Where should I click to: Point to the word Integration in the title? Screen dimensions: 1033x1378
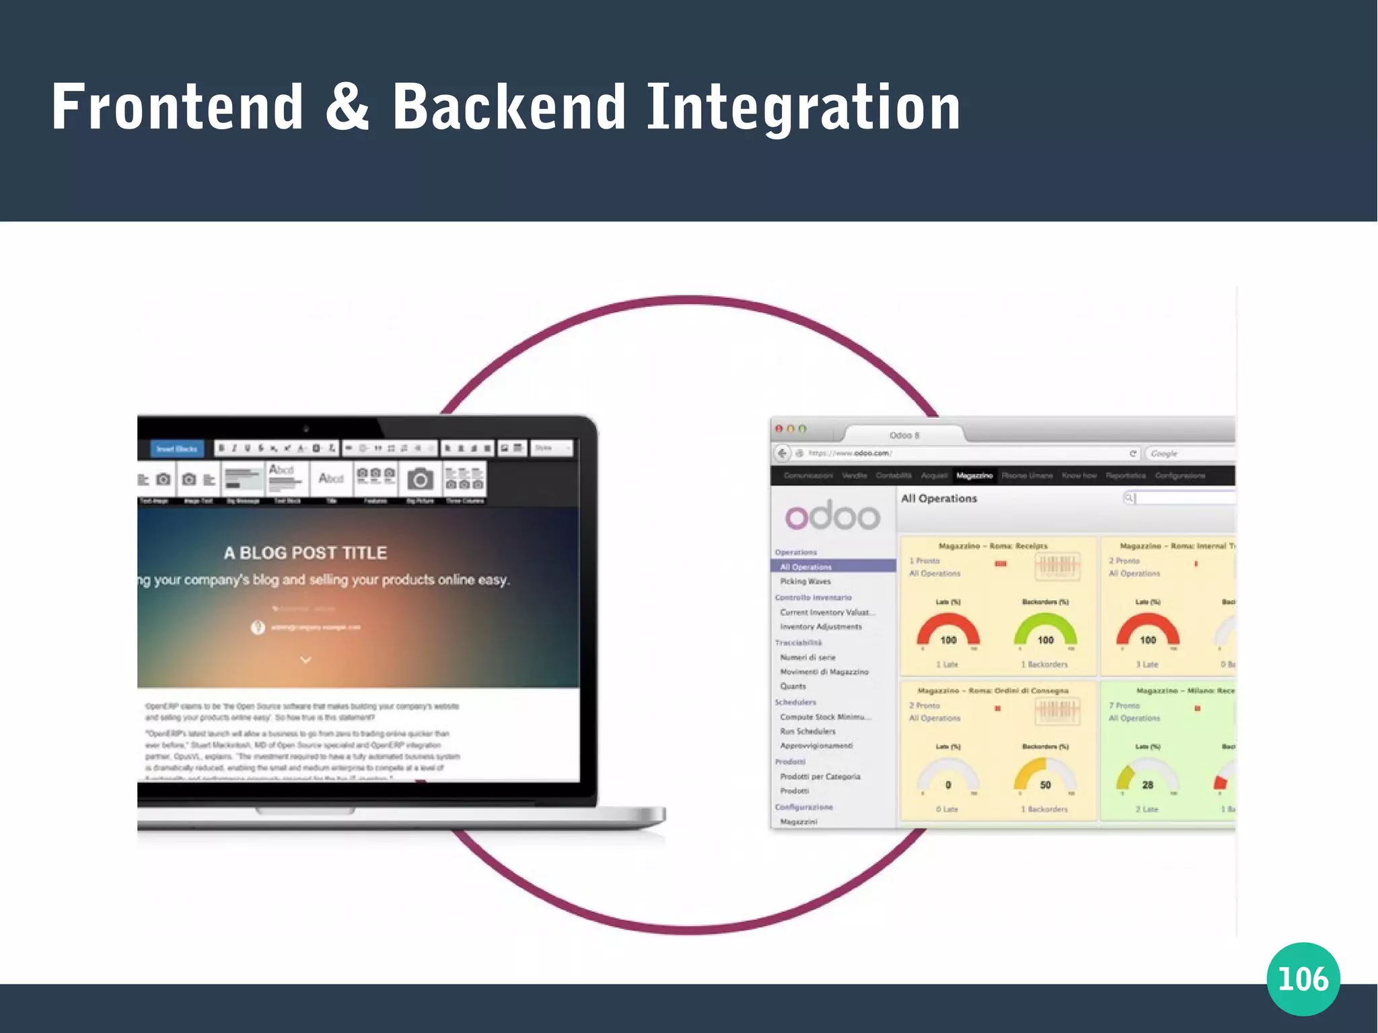tap(803, 108)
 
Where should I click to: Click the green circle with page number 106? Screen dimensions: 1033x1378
tap(1303, 978)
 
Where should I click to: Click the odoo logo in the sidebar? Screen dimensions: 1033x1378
tap(832, 516)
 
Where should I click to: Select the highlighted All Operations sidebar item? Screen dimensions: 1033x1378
tap(805, 567)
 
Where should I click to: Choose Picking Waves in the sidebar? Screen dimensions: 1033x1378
tap(805, 581)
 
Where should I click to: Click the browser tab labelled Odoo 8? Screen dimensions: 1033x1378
tap(904, 435)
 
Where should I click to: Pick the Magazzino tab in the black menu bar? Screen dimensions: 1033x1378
tap(974, 476)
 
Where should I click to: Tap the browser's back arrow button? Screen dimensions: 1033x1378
tap(782, 454)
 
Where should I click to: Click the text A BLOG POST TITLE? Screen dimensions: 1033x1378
tap(305, 553)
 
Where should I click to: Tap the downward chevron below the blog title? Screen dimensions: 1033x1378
tap(305, 660)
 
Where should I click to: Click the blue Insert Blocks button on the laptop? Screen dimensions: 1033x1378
tap(177, 449)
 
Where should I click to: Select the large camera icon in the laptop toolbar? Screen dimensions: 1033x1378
tap(420, 479)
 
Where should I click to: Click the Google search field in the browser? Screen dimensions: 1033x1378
tap(1190, 454)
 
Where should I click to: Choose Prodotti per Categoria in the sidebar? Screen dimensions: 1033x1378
tap(820, 777)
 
